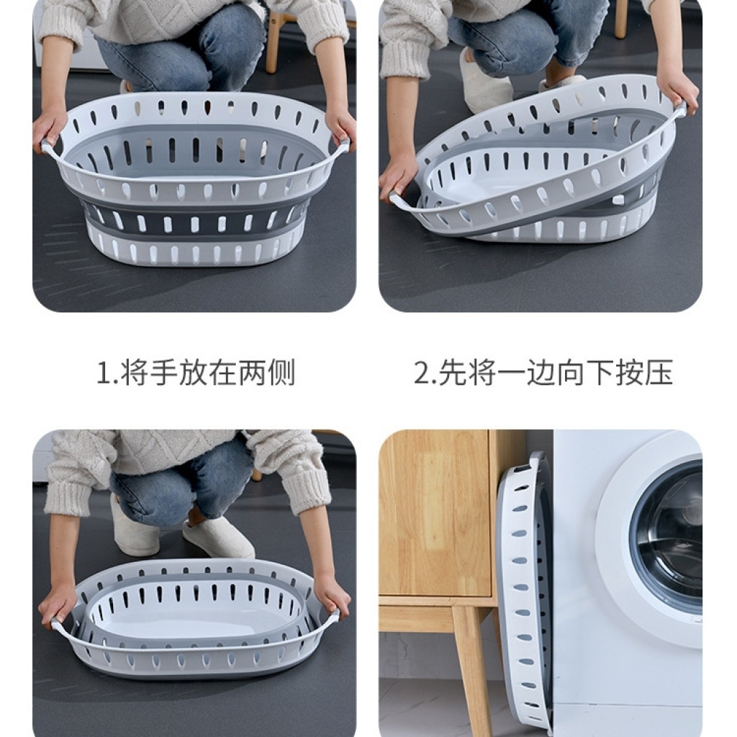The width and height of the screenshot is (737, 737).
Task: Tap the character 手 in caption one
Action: (x=163, y=373)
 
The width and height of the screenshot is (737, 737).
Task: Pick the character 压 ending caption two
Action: (x=658, y=373)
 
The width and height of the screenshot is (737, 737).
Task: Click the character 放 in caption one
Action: (x=193, y=373)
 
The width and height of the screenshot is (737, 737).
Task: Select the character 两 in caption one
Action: (x=251, y=373)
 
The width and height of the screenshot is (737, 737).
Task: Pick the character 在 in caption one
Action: (x=222, y=373)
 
